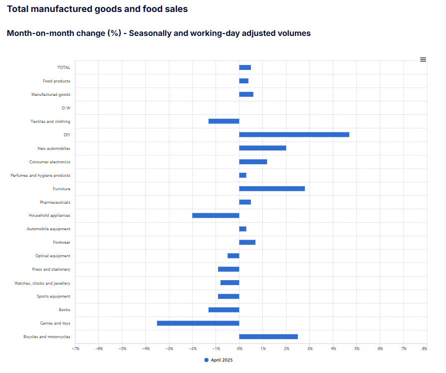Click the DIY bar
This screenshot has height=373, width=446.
tap(294, 134)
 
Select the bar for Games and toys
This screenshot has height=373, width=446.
tap(198, 323)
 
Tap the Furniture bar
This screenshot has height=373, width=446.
tap(272, 189)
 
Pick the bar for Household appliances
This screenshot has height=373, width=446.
tap(216, 215)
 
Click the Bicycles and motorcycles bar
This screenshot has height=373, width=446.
tap(268, 337)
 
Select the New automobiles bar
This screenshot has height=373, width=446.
tap(262, 148)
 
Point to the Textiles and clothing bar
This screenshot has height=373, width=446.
tap(223, 121)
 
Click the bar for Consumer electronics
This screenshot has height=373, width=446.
tap(253, 162)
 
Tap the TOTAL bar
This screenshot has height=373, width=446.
tap(245, 67)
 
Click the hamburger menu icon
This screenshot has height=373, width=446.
tap(423, 59)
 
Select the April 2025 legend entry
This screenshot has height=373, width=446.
tap(219, 360)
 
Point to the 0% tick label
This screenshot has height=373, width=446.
tap(239, 348)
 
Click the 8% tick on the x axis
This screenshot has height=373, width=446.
tap(424, 348)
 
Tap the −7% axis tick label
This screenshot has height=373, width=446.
tap(75, 348)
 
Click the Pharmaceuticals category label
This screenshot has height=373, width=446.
tap(55, 202)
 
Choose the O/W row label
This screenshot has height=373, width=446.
tap(66, 108)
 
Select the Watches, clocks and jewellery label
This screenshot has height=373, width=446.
tap(42, 283)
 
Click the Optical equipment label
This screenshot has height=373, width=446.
tap(52, 256)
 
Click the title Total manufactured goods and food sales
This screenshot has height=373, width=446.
tap(97, 9)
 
